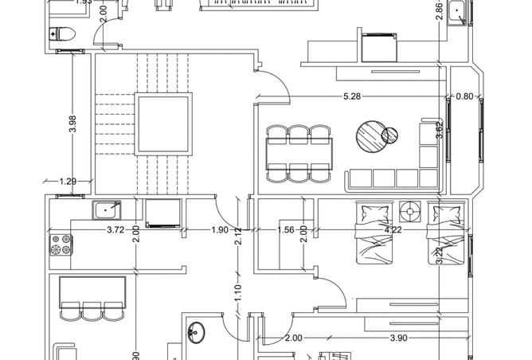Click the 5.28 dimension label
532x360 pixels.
[x=351, y=97]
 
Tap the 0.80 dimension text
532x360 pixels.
[x=464, y=97]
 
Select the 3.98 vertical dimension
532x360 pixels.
[x=73, y=124]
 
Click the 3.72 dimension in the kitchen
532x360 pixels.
[x=116, y=230]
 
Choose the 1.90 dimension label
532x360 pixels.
[x=220, y=230]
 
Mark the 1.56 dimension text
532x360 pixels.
[x=286, y=230]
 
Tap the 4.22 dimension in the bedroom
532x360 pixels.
[x=393, y=230]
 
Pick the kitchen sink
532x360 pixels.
[x=106, y=210]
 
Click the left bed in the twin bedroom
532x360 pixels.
[x=374, y=235]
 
